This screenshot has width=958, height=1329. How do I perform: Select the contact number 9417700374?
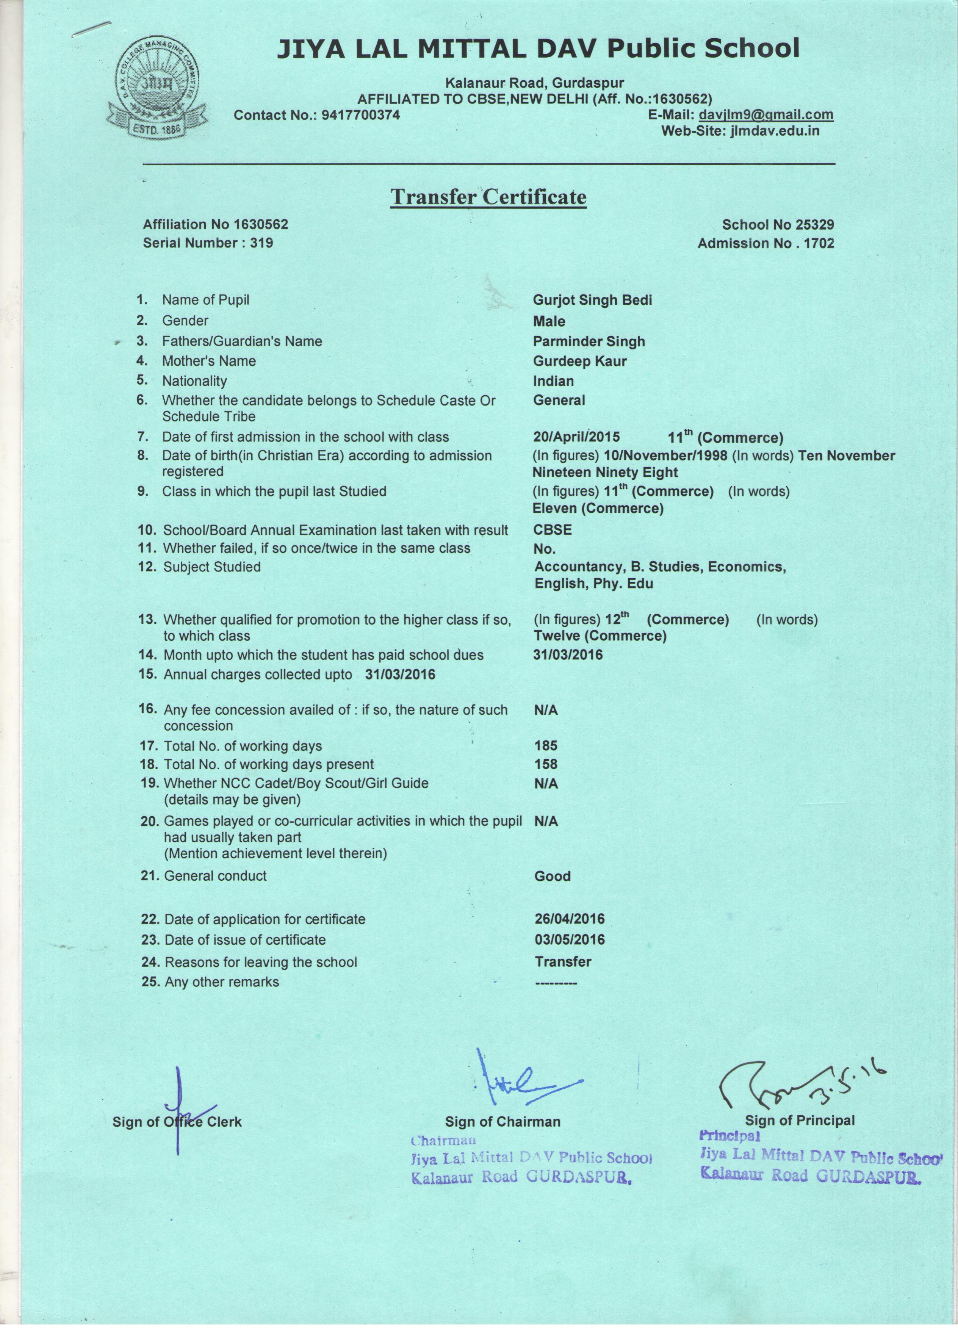[361, 115]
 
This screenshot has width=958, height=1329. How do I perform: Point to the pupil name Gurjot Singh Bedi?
[592, 301]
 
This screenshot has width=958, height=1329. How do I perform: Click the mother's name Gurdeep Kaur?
[579, 361]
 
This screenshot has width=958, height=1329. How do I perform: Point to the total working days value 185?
[545, 746]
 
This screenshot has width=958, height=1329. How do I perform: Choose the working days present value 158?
[545, 764]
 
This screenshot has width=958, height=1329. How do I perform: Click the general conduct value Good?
[552, 876]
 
